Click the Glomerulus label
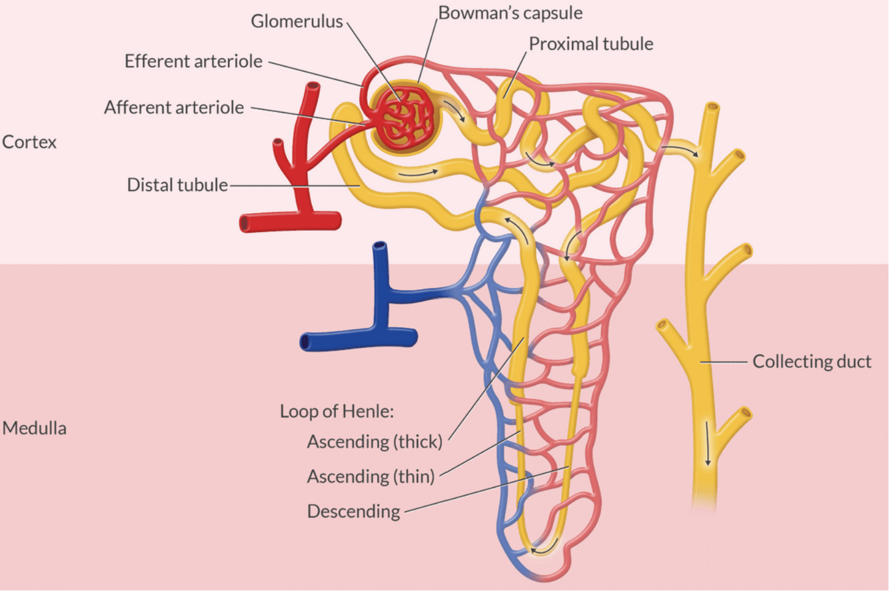[x=297, y=21]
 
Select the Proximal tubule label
[x=590, y=44]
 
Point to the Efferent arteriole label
[x=193, y=61]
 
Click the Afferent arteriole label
[x=174, y=107]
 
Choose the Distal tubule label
[x=177, y=185]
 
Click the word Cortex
[x=29, y=142]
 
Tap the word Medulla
[x=34, y=428]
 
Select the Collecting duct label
[x=812, y=362]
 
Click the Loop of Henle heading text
[x=337, y=411]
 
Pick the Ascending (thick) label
[x=375, y=441]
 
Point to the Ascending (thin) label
[x=371, y=476]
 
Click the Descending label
[x=353, y=512]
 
